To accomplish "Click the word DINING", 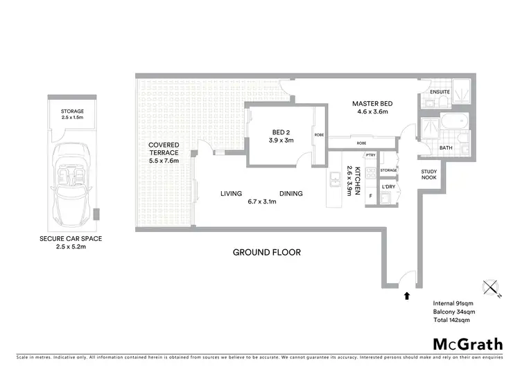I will [x=291, y=194].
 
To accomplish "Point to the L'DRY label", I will [x=388, y=186].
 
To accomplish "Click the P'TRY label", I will [x=372, y=155].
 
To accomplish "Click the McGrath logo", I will [x=469, y=344].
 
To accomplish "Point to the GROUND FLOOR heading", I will [x=266, y=252].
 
